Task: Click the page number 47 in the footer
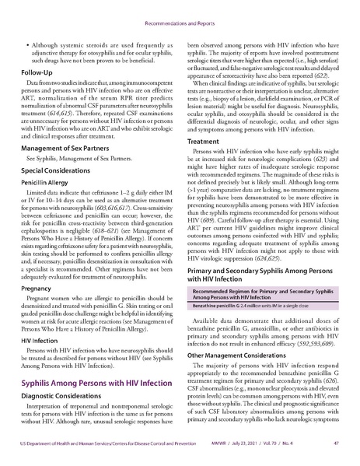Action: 333,455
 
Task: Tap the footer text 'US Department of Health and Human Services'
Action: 70,455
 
